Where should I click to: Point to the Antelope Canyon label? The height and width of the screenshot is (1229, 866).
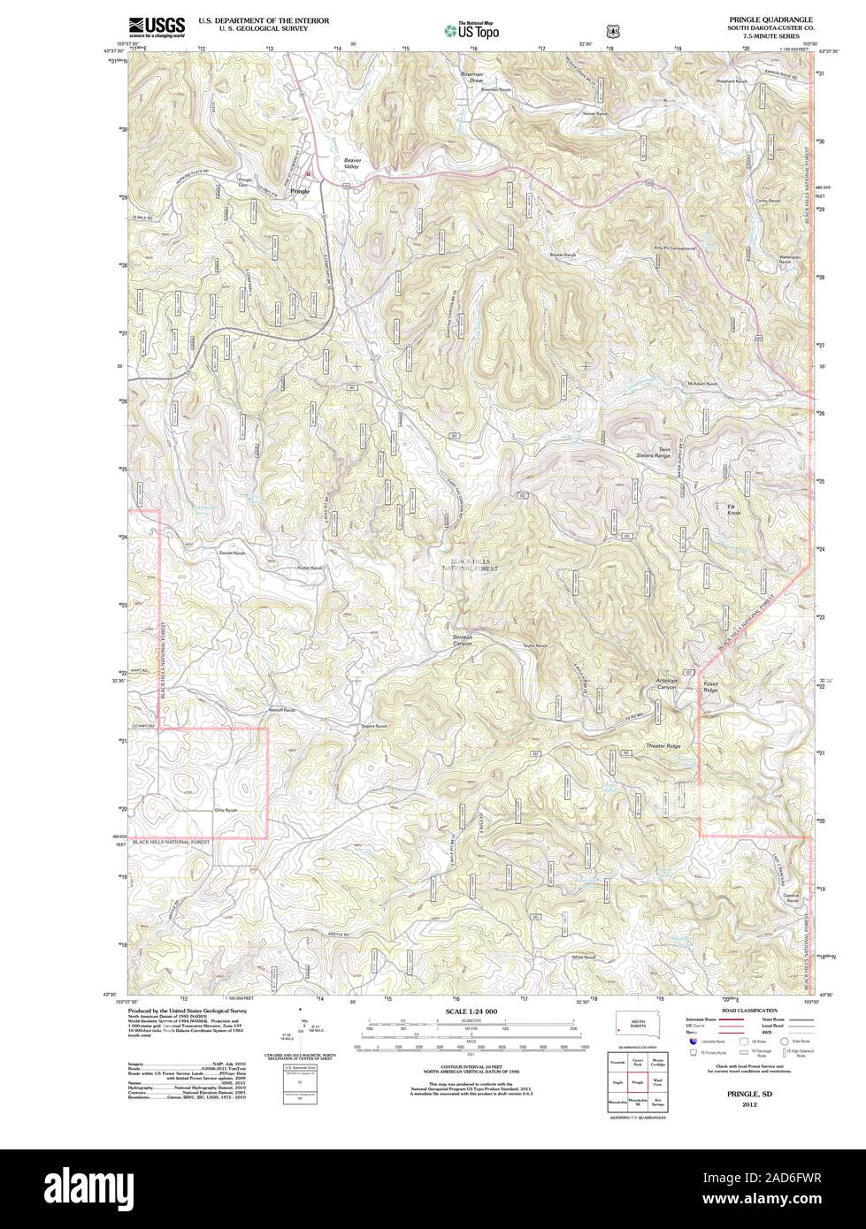tap(666, 683)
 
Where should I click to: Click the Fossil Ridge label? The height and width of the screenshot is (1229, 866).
tap(710, 685)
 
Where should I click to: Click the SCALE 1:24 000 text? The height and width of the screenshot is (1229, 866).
tap(470, 1010)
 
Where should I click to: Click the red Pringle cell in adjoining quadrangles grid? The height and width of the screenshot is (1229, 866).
tap(637, 1080)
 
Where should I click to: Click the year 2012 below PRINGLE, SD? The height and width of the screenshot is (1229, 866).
tap(749, 1105)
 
